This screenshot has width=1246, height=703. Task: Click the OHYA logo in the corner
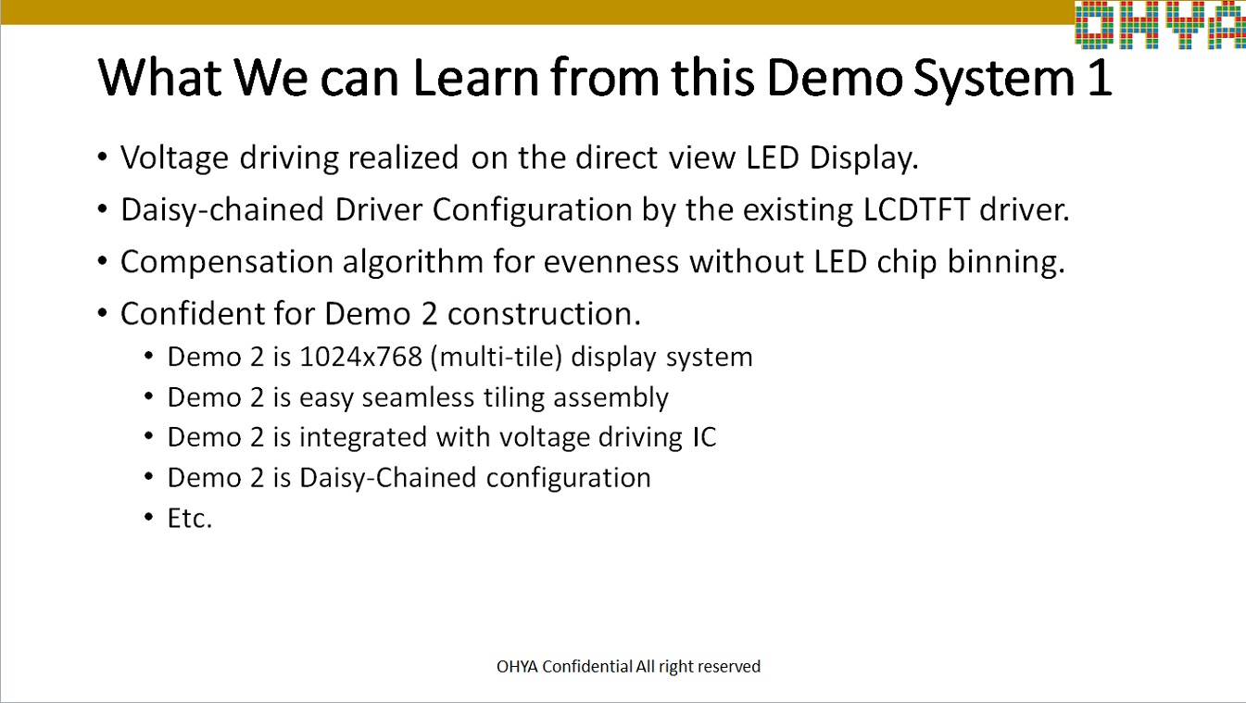pyautogui.click(x=1160, y=24)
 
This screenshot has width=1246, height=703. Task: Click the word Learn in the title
pyautogui.click(x=475, y=78)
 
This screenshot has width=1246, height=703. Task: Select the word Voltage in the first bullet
pyautogui.click(x=175, y=158)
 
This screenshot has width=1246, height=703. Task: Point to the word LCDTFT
pyautogui.click(x=916, y=209)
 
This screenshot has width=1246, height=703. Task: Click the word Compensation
pyautogui.click(x=226, y=262)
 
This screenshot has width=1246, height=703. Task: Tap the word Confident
pyautogui.click(x=192, y=313)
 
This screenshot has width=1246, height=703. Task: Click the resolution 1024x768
pyautogui.click(x=360, y=358)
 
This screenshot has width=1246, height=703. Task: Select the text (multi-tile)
pyautogui.click(x=497, y=358)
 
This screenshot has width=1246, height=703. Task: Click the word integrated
pyautogui.click(x=363, y=438)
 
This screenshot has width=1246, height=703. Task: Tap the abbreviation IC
pyautogui.click(x=704, y=437)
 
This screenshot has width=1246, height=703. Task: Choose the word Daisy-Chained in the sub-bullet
pyautogui.click(x=388, y=478)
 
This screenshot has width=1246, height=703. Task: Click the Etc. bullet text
pyautogui.click(x=190, y=519)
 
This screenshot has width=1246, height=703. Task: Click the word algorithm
pyautogui.click(x=413, y=262)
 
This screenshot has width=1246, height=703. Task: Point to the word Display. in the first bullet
pyautogui.click(x=863, y=158)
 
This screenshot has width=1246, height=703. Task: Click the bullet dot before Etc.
pyautogui.click(x=148, y=518)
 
